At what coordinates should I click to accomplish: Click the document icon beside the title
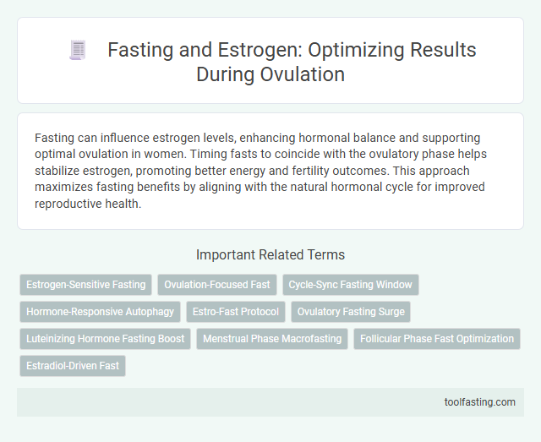pos(77,51)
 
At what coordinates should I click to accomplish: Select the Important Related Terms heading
pos(270,254)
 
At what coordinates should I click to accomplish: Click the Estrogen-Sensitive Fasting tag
pos(85,285)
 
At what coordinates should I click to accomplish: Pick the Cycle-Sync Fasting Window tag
pos(349,285)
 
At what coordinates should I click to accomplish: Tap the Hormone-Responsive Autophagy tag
pos(100,312)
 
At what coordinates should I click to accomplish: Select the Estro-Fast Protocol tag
pos(235,312)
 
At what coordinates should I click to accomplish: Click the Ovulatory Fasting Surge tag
pos(351,312)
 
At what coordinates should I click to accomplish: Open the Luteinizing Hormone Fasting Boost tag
pos(105,339)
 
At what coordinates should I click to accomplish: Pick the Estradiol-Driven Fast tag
pos(73,366)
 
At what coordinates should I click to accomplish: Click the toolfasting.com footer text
pos(481,401)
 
